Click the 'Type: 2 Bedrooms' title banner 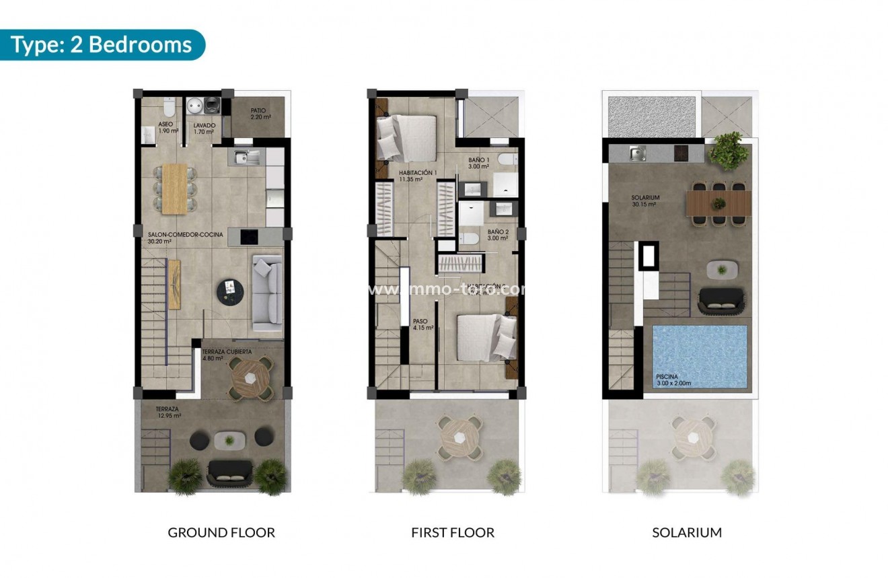(x=102, y=45)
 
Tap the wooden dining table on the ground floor (x=175, y=188)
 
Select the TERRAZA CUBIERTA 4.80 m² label (x=227, y=355)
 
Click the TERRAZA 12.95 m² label (x=168, y=412)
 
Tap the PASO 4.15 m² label (x=422, y=325)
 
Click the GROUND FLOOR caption (x=221, y=532)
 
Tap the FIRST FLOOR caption (x=453, y=532)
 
